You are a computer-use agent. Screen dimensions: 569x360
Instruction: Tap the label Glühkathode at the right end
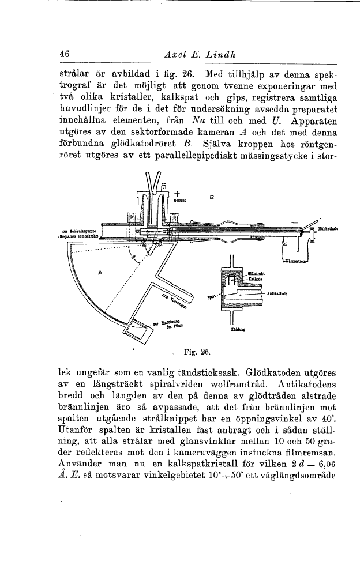328,229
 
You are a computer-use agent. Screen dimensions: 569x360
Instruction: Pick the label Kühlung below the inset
239,330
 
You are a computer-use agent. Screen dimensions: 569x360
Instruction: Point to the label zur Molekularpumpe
85,230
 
